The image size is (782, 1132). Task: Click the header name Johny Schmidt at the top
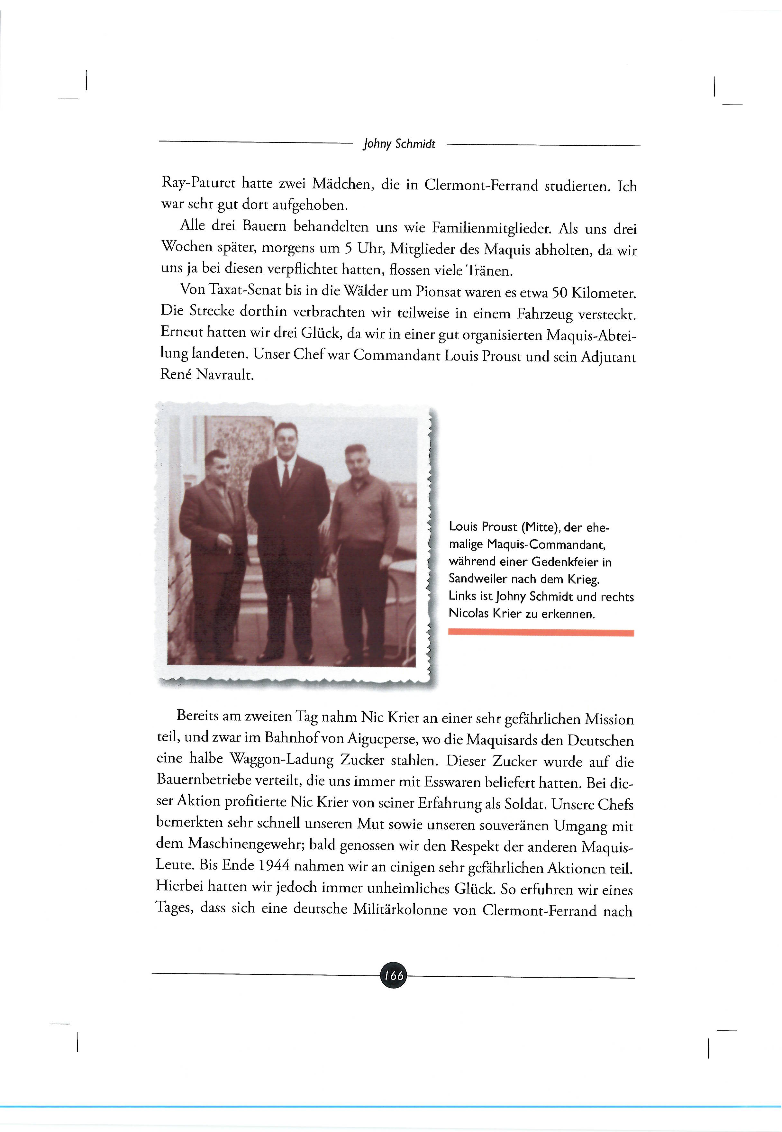[x=399, y=144]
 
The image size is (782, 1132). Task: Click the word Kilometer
[x=600, y=294]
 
